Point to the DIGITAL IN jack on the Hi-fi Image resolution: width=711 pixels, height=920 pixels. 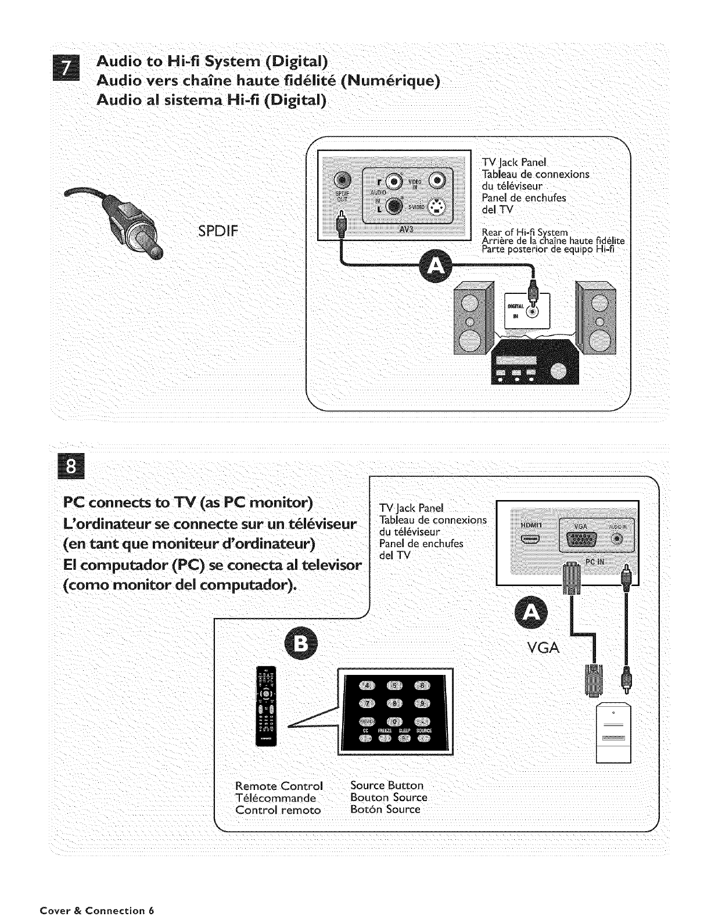coord(532,312)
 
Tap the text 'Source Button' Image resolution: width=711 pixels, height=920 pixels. coord(387,786)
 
